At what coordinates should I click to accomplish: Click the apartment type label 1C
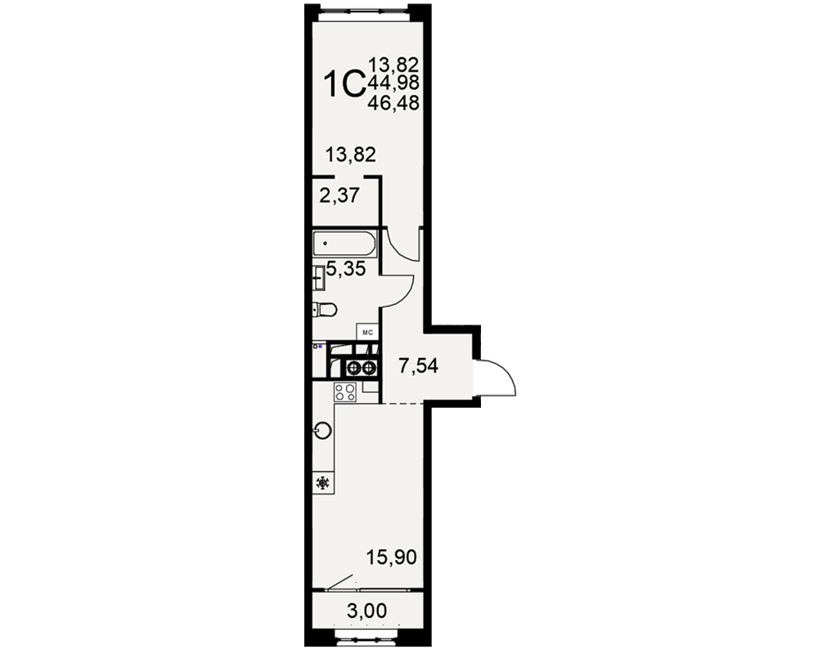coord(344,84)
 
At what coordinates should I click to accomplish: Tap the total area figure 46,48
coord(393,103)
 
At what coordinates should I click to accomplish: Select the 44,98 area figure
coord(393,83)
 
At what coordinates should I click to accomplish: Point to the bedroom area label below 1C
coord(351,155)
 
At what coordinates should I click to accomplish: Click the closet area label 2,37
coord(339,195)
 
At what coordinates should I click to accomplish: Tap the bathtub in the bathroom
coord(344,244)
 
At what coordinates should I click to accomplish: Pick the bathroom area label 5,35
coord(346,270)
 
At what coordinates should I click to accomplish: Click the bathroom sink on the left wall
coord(319,278)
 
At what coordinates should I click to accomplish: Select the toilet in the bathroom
coord(325,310)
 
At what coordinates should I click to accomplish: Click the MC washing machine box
coord(367,332)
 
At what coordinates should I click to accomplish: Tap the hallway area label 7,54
coord(418,366)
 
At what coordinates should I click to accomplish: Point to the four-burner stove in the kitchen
coord(345,392)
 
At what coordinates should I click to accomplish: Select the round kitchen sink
coord(322,430)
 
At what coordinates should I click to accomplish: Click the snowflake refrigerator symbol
coord(323,483)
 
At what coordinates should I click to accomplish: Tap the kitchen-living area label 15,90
coord(392,558)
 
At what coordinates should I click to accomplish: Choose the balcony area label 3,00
coord(366,611)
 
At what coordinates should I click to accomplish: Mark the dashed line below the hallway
coord(402,403)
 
